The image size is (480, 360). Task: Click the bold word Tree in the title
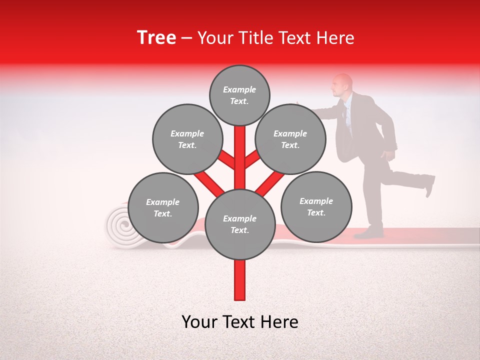[156, 37]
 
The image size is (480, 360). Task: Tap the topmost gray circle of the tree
[239, 95]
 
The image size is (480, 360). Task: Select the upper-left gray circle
[187, 139]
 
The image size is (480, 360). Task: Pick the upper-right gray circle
[290, 139]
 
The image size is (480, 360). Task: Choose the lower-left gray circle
[163, 207]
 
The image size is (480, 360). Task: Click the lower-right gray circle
[316, 206]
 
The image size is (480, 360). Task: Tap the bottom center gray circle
[240, 224]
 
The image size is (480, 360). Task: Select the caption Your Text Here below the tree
[239, 321]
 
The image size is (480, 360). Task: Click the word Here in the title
[337, 38]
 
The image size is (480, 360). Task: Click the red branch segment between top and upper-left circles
[226, 159]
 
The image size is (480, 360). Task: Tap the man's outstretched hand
[299, 104]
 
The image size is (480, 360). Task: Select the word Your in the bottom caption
[199, 321]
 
